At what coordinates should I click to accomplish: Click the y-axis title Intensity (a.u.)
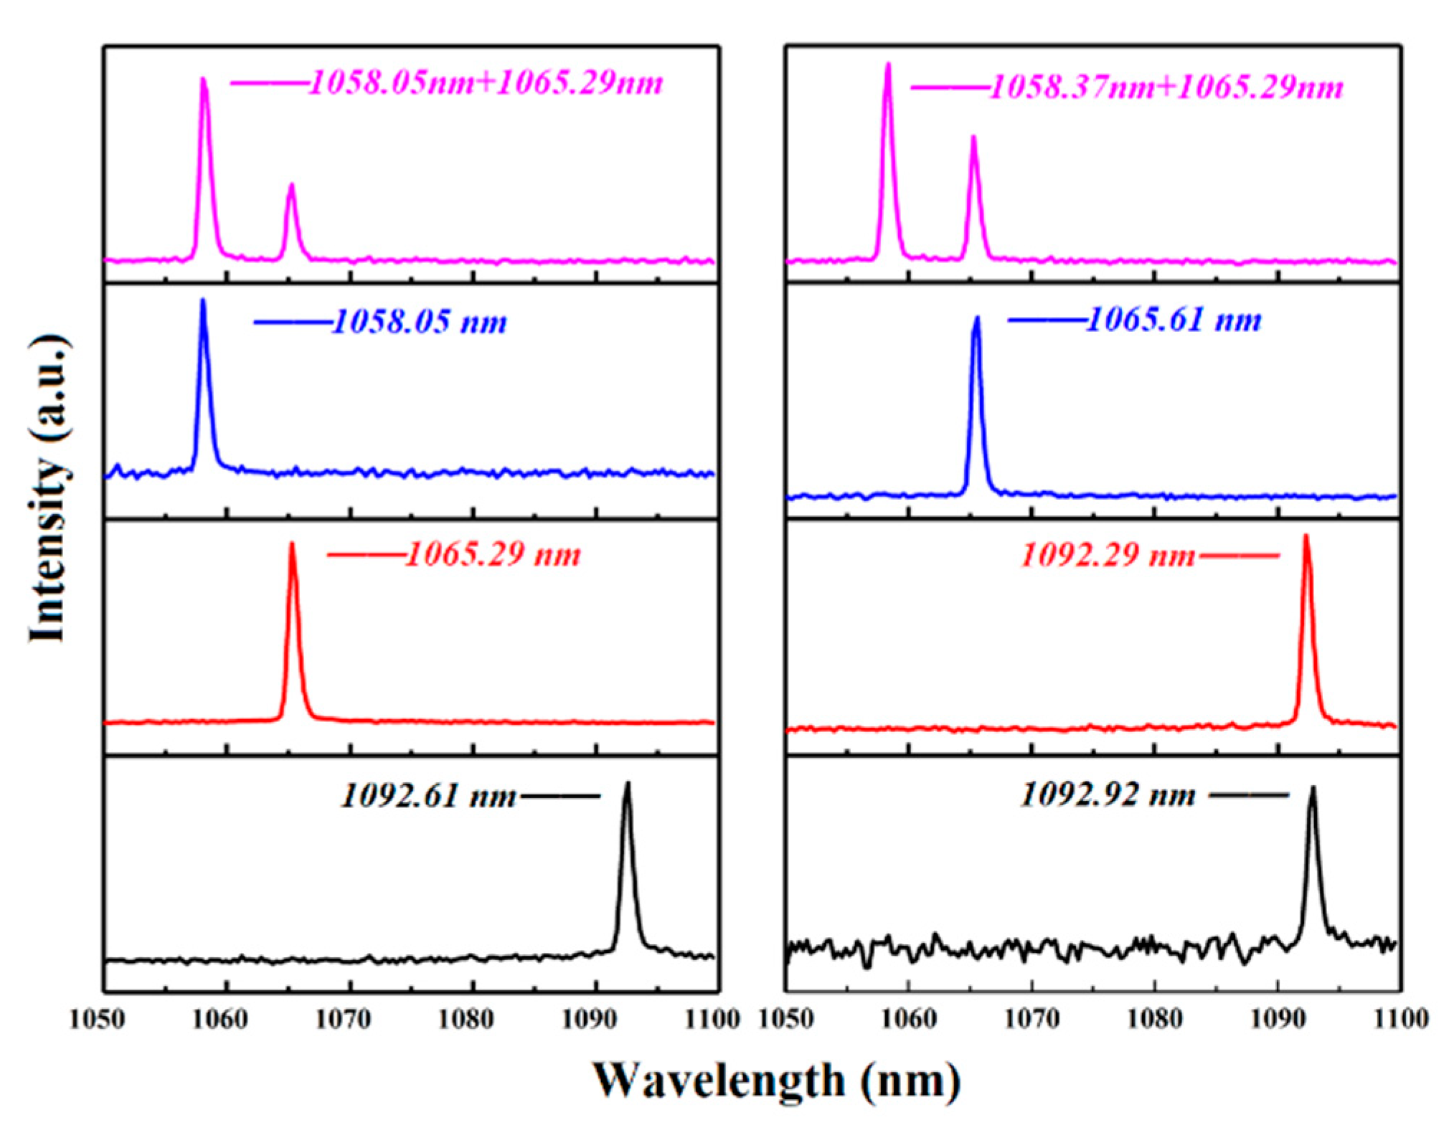click(49, 488)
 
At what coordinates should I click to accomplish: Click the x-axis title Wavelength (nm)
click(776, 1081)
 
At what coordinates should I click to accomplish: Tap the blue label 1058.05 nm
click(420, 322)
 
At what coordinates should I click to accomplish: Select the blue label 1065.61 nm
click(1174, 320)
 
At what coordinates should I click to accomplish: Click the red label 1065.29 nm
click(493, 555)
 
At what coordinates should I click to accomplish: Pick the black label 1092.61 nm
click(428, 796)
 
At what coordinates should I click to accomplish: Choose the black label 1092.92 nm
click(1108, 795)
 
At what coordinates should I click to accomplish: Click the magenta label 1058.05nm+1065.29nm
click(486, 84)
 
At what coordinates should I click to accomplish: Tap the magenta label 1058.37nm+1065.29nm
click(1166, 88)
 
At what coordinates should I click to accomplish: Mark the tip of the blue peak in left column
click(203, 301)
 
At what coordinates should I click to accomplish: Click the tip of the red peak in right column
click(1306, 537)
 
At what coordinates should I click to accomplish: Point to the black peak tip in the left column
click(628, 784)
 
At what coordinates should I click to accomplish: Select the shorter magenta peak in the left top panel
click(291, 186)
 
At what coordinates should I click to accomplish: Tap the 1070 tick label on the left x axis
click(343, 1019)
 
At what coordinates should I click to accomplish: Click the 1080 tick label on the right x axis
click(1154, 1019)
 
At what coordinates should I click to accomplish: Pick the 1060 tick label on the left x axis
click(220, 1019)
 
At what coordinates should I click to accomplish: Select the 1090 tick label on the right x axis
click(1278, 1019)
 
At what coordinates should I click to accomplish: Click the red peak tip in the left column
click(291, 545)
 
